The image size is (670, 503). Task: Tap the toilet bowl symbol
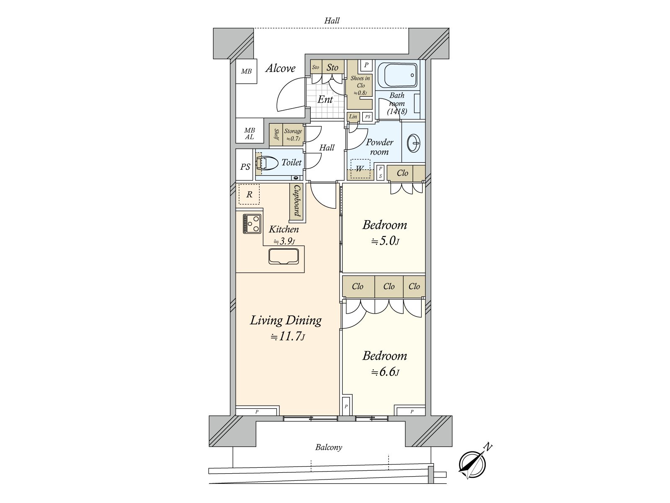[x=267, y=163]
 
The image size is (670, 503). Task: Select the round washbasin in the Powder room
[x=413, y=143]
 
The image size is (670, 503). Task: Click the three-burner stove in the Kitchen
[x=252, y=224]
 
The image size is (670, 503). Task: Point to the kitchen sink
[x=283, y=256]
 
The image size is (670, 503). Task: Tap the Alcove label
[x=280, y=68]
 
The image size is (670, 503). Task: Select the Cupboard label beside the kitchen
[x=297, y=201]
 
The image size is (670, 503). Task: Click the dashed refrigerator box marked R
[x=249, y=194]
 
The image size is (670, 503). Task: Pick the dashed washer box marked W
[x=360, y=168]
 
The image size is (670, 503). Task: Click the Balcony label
[x=328, y=447]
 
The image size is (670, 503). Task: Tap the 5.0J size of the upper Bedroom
[x=385, y=241]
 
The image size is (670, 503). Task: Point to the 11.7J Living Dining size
[x=288, y=337]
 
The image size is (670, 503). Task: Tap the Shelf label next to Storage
[x=276, y=135]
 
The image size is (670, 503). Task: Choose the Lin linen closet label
[x=353, y=117]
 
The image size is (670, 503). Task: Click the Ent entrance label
[x=325, y=99]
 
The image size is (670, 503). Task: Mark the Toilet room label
[x=291, y=163]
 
